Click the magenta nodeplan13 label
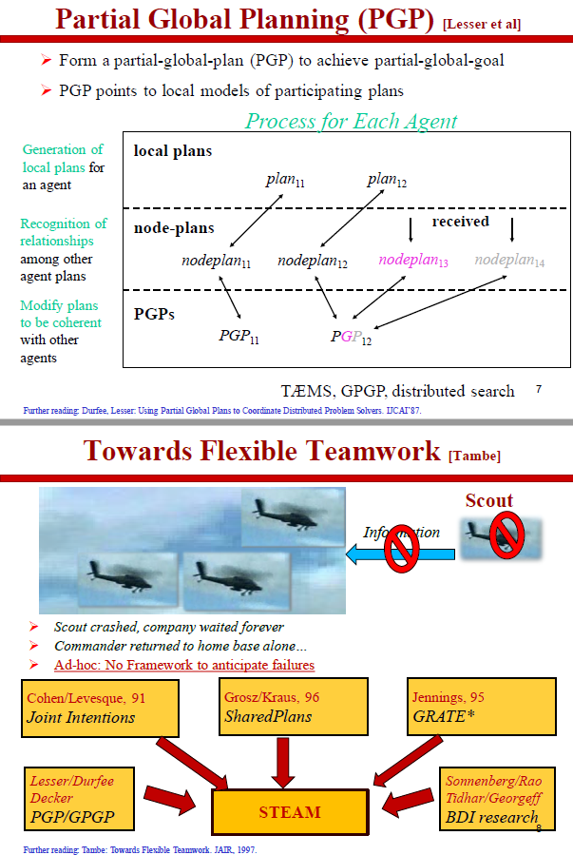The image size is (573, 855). (413, 260)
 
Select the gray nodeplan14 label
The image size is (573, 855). (510, 260)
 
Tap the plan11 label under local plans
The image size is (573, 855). (286, 181)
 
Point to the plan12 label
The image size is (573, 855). (387, 181)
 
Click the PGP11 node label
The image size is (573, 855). (239, 336)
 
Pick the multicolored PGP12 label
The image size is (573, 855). (352, 337)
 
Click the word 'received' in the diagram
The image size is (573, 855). (460, 222)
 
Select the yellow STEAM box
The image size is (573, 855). (290, 812)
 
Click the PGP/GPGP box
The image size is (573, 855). (77, 798)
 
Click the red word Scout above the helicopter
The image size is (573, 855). (488, 500)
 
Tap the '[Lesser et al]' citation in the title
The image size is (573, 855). (482, 24)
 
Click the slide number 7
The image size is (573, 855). (538, 389)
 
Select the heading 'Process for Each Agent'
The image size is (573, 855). (351, 121)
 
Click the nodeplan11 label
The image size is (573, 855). (217, 260)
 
